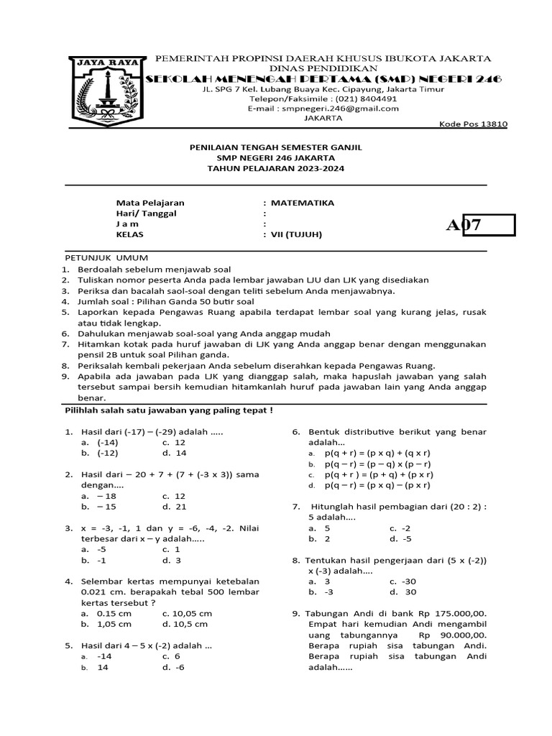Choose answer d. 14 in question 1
pos(174,453)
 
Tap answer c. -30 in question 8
pos(402,581)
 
